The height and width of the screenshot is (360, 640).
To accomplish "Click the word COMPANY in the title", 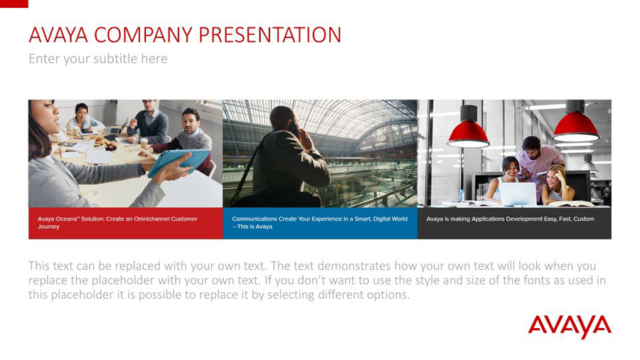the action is pos(143,35).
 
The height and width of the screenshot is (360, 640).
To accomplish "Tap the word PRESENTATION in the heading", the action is pos(270,35).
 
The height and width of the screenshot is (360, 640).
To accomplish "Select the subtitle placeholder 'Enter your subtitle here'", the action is pos(98,59).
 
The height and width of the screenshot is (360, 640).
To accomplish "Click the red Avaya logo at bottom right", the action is pos(570,327).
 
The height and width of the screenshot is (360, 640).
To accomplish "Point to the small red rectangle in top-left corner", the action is pos(14,4).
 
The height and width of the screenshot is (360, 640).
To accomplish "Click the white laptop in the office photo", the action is pos(518,194).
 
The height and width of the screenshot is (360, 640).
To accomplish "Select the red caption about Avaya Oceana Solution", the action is pos(126,223).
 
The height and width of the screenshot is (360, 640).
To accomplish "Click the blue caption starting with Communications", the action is pos(320,223).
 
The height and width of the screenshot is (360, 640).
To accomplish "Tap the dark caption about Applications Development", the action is pos(514,223).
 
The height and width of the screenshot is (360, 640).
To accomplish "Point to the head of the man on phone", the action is pos(284,120).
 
